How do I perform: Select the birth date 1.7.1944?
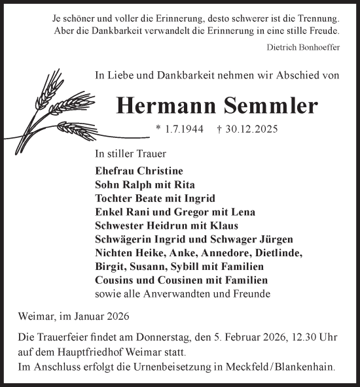click(179, 129)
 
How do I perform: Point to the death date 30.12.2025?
click(253, 129)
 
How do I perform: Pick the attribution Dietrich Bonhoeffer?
click(304, 46)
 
